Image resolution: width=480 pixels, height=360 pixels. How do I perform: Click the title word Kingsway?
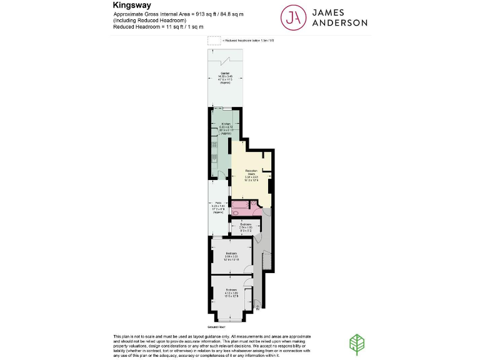(x=129, y=5)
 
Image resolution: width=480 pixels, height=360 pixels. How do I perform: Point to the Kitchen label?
(x=226, y=124)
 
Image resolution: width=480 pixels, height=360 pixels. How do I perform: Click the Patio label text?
(x=218, y=203)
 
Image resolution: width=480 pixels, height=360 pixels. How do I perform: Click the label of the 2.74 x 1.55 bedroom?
(x=246, y=224)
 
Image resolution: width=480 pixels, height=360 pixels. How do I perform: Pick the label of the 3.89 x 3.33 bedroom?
(x=232, y=254)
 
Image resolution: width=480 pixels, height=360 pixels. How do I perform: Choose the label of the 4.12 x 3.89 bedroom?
(x=232, y=290)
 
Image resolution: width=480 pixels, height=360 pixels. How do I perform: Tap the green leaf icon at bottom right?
(x=356, y=344)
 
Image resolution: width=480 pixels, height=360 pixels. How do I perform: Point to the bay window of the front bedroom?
(x=231, y=320)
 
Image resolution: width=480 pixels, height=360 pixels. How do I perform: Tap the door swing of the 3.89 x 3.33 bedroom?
(x=249, y=271)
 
